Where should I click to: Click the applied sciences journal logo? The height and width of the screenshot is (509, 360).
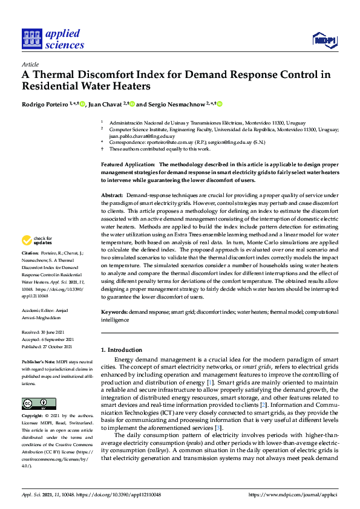(x=53, y=39)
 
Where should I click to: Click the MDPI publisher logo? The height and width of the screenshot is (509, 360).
(x=324, y=40)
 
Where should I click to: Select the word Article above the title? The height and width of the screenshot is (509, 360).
(x=30, y=65)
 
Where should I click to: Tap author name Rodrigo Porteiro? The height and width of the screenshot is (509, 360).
(x=44, y=103)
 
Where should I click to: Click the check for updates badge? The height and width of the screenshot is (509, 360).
(x=38, y=240)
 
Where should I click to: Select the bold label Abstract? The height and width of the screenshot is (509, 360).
(x=111, y=196)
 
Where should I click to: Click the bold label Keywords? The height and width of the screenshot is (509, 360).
(x=114, y=312)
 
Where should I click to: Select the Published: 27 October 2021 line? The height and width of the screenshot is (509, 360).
(x=47, y=347)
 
